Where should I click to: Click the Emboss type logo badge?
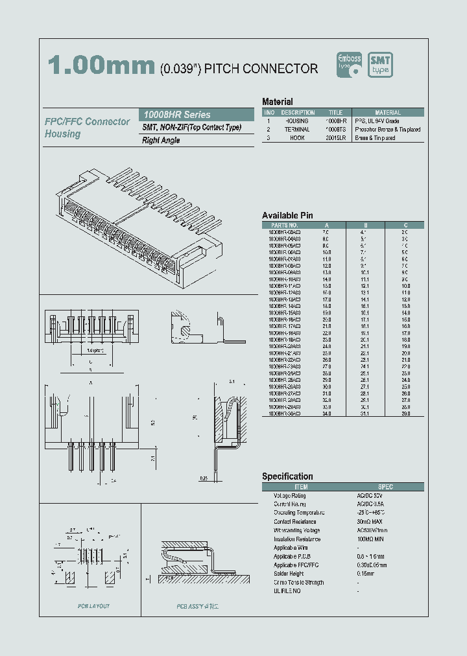(350, 65)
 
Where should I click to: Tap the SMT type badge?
(381, 65)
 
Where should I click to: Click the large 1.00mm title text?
(101, 67)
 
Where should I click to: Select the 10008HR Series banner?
(198, 114)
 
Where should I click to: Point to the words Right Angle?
(161, 140)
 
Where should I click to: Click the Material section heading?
(277, 102)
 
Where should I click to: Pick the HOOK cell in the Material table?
(297, 138)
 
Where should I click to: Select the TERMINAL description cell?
(297, 130)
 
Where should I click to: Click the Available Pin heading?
(287, 215)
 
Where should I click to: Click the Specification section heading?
(287, 476)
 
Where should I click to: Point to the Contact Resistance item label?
(295, 521)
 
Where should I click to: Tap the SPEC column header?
(385, 486)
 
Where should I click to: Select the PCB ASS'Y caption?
(198, 606)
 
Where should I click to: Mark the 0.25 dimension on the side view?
(204, 478)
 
